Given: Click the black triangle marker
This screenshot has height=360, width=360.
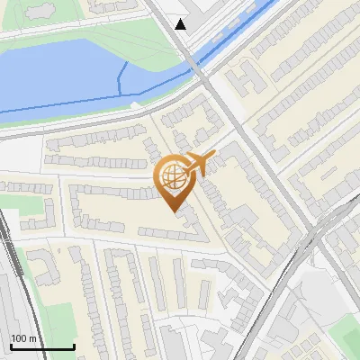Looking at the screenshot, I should pyautogui.click(x=181, y=24).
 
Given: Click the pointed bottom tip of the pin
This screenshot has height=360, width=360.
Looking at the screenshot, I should pyautogui.click(x=173, y=211).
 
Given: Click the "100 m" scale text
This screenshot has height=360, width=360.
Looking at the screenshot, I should pyautogui.click(x=23, y=338).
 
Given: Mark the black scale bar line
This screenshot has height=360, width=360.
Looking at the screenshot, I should pyautogui.click(x=42, y=346).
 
